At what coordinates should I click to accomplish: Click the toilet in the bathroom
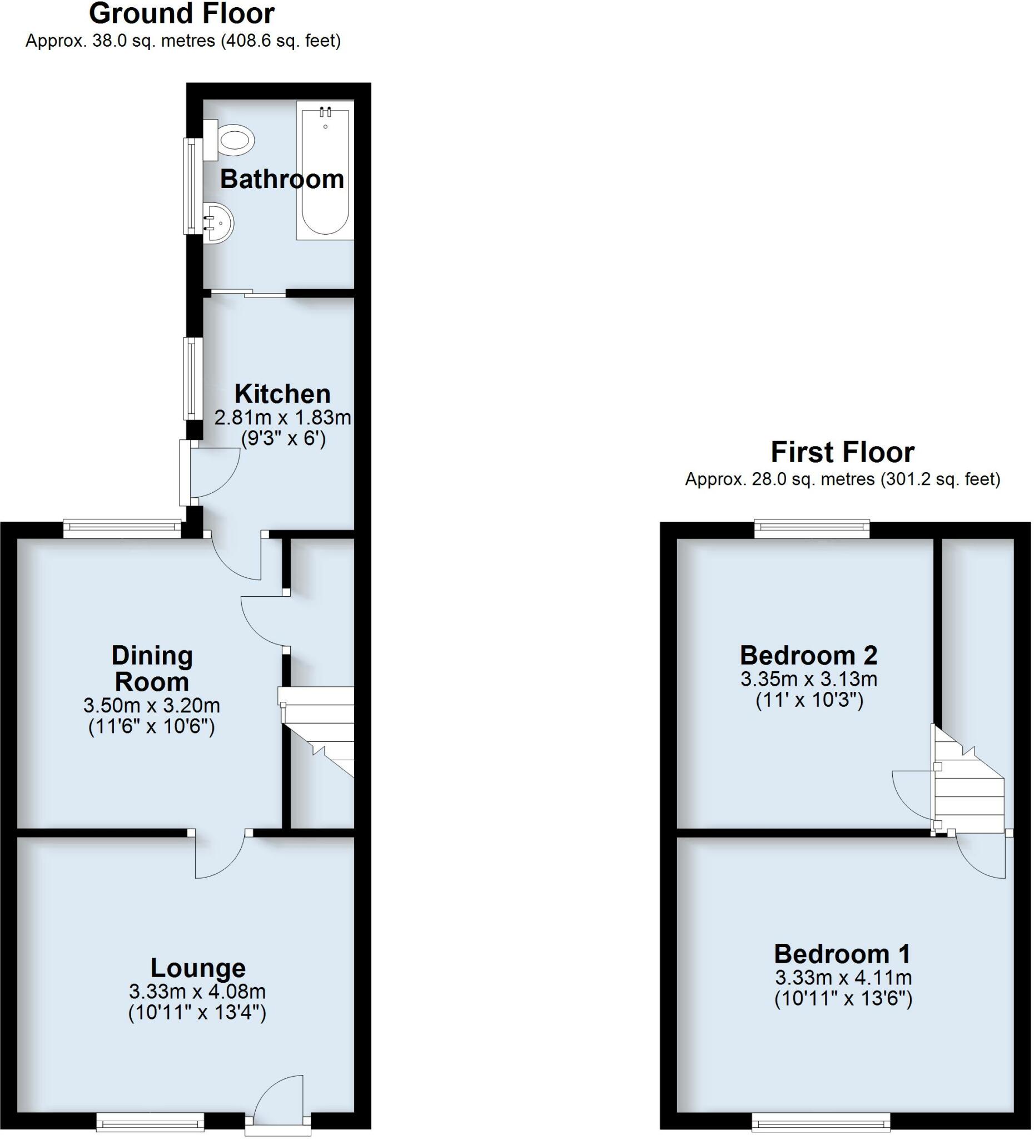pyautogui.click(x=231, y=139)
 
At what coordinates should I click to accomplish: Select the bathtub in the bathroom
pyautogui.click(x=325, y=171)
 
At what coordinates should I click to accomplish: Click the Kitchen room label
pyautogui.click(x=282, y=394)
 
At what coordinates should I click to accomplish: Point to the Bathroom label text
pyautogui.click(x=282, y=179)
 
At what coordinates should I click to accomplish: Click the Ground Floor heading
pyautogui.click(x=182, y=13)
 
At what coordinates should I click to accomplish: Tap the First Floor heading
pyautogui.click(x=842, y=453)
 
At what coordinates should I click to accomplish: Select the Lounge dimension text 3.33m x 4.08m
pyautogui.click(x=197, y=991)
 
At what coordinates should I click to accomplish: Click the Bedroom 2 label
pyautogui.click(x=809, y=655)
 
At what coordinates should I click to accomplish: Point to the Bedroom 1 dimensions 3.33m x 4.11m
pyautogui.click(x=843, y=977)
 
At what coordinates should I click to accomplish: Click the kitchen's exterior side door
pyautogui.click(x=185, y=473)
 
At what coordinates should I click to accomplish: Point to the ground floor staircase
pyautogui.click(x=317, y=729)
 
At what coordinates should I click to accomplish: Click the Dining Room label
pyautogui.click(x=152, y=668)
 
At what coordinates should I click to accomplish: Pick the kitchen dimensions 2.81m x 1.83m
pyautogui.click(x=282, y=418)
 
